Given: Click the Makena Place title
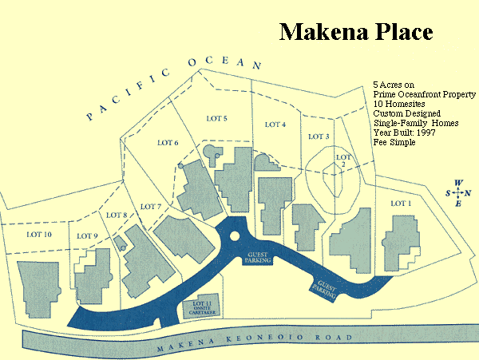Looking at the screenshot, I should (355, 32).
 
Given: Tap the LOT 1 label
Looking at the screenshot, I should (401, 204).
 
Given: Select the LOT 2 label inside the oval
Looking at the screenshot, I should (342, 160).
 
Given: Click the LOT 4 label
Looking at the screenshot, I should (275, 125).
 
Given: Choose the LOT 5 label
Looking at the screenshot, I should (216, 119).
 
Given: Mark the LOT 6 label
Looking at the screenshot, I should (165, 143).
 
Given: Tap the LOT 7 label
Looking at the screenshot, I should (151, 207).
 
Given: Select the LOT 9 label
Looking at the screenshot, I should (88, 235).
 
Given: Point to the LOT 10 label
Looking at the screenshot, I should (38, 234).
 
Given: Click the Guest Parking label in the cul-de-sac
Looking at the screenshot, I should (257, 256).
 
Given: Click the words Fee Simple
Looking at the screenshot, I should (391, 143).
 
